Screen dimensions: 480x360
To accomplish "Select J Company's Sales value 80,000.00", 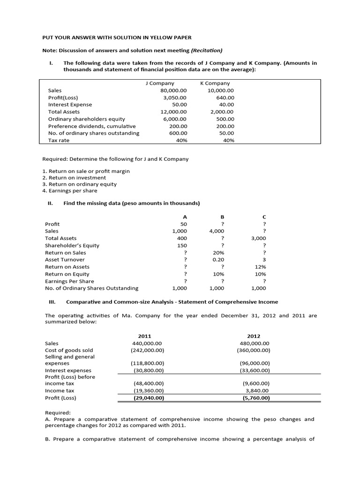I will (x=173, y=90).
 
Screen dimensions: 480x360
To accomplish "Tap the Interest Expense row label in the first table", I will (x=70, y=105).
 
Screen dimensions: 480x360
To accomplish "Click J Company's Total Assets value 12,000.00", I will (x=173, y=112).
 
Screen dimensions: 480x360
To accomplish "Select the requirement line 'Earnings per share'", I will (x=70, y=191).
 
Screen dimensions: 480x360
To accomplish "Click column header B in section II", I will (x=223, y=217).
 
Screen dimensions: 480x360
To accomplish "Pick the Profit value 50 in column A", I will (x=183, y=224).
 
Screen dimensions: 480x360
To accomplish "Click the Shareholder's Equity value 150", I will (x=182, y=245).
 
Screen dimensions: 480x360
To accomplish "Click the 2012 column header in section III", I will (x=253, y=336).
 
